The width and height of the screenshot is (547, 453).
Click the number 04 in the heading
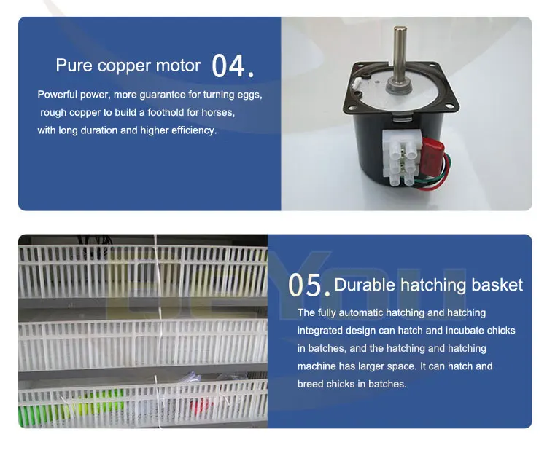pyautogui.click(x=229, y=66)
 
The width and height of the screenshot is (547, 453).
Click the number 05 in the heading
pyautogui.click(x=305, y=285)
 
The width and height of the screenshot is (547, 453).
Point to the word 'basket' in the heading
pyautogui.click(x=495, y=285)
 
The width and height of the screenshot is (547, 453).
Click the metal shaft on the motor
pyautogui.click(x=400, y=55)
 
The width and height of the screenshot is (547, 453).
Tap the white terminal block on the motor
pyautogui.click(x=397, y=154)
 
